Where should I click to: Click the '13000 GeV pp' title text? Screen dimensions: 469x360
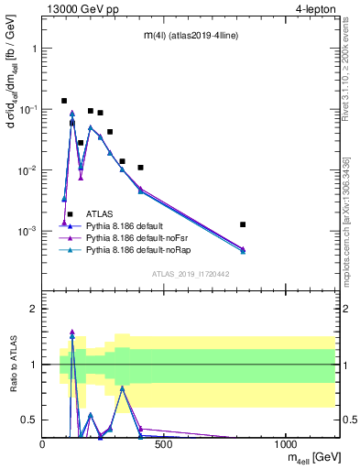pos(80,10)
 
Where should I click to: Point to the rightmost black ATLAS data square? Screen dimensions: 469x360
pos(243,224)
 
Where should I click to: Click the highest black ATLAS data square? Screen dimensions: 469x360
pos(64,101)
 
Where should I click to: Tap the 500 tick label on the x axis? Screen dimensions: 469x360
pos(164,444)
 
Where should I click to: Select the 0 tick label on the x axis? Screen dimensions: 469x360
pos(43,444)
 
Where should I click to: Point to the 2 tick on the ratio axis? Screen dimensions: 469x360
pos(33,309)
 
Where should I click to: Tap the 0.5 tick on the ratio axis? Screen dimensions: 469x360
pos(29,420)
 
